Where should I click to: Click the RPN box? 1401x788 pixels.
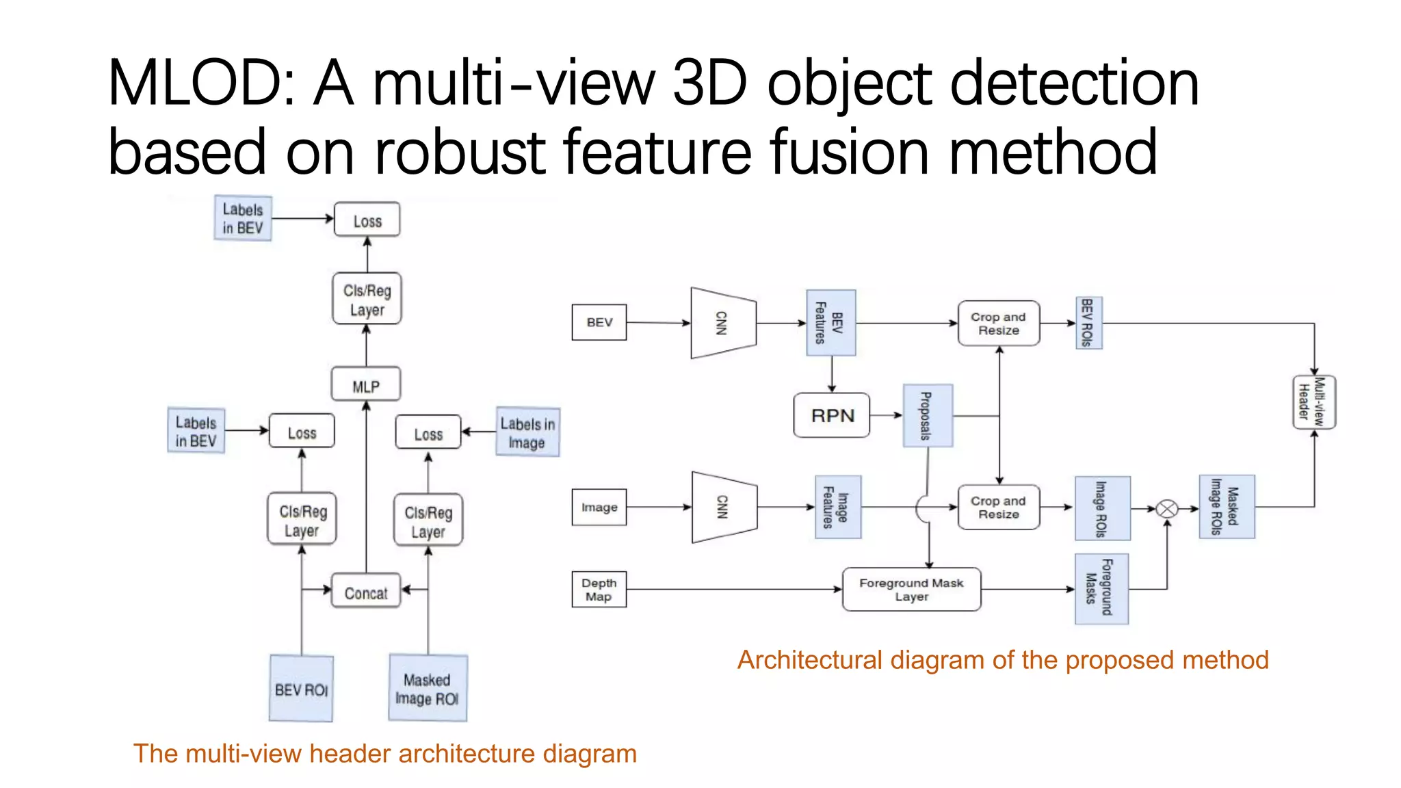click(x=832, y=415)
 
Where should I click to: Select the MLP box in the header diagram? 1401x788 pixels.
click(x=366, y=385)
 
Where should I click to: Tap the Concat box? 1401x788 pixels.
click(x=366, y=592)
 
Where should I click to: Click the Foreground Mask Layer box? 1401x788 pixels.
click(x=911, y=590)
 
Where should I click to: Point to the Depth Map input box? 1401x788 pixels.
click(x=599, y=590)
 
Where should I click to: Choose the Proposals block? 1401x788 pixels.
click(x=927, y=416)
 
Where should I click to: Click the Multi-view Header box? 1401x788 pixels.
click(x=1313, y=402)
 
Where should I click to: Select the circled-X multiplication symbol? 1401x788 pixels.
click(x=1167, y=509)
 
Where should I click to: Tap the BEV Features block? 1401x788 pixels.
click(x=830, y=323)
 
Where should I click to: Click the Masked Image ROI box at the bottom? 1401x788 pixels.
click(x=428, y=688)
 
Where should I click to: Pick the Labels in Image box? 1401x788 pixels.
click(x=527, y=432)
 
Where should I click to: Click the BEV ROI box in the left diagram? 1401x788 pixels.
click(x=301, y=689)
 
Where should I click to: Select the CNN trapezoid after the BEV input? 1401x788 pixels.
click(x=723, y=323)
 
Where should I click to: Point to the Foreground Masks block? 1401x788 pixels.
click(x=1101, y=589)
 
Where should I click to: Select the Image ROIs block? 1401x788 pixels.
click(x=1102, y=508)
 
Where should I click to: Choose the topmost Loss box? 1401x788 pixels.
click(x=367, y=220)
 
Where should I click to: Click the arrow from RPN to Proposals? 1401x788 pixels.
click(x=887, y=415)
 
